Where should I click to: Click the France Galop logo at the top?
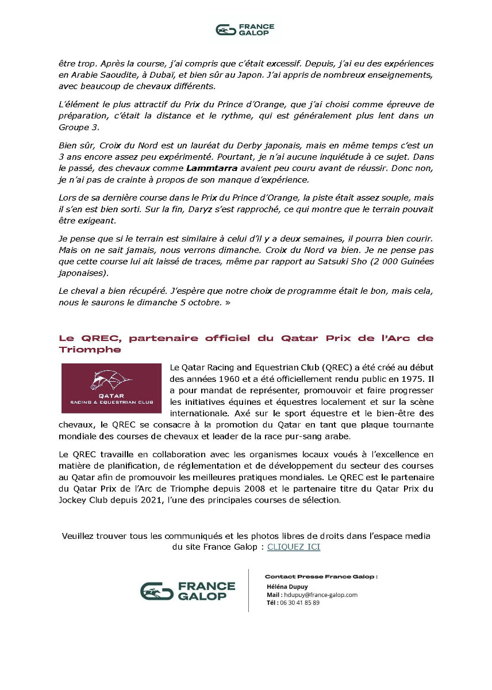[x=245, y=30]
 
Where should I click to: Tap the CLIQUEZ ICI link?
[x=294, y=547]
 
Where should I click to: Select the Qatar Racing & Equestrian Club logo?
[x=112, y=388]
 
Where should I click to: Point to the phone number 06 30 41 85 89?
[x=299, y=603]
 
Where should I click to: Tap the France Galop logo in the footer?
[x=188, y=591]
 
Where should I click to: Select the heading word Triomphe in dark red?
[x=90, y=350]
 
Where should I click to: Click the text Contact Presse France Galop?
[x=321, y=576]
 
